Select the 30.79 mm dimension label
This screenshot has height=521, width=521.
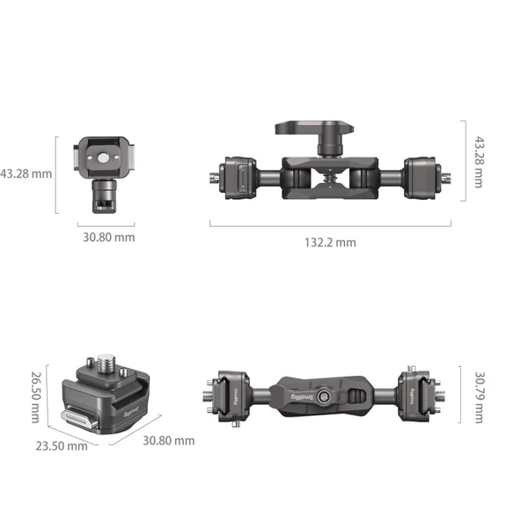click(x=479, y=399)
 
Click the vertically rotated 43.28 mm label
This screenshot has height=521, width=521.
click(x=479, y=161)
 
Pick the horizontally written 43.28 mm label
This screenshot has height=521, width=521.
click(x=26, y=173)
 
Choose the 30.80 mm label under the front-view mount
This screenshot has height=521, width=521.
click(x=109, y=237)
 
